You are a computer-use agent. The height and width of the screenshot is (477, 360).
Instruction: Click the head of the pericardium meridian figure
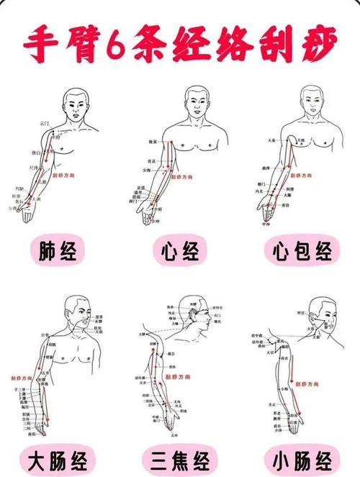coord(310,101)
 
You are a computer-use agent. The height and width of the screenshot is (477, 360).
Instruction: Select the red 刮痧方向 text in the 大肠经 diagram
coord(21,377)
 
